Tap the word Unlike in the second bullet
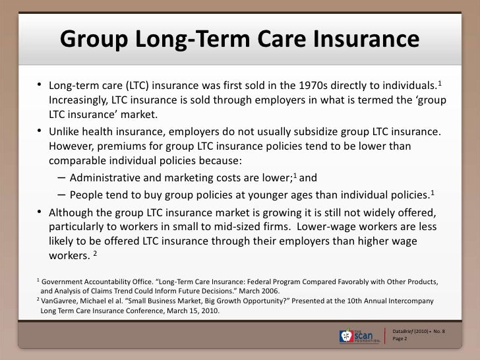[67, 131]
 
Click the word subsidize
[305, 131]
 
